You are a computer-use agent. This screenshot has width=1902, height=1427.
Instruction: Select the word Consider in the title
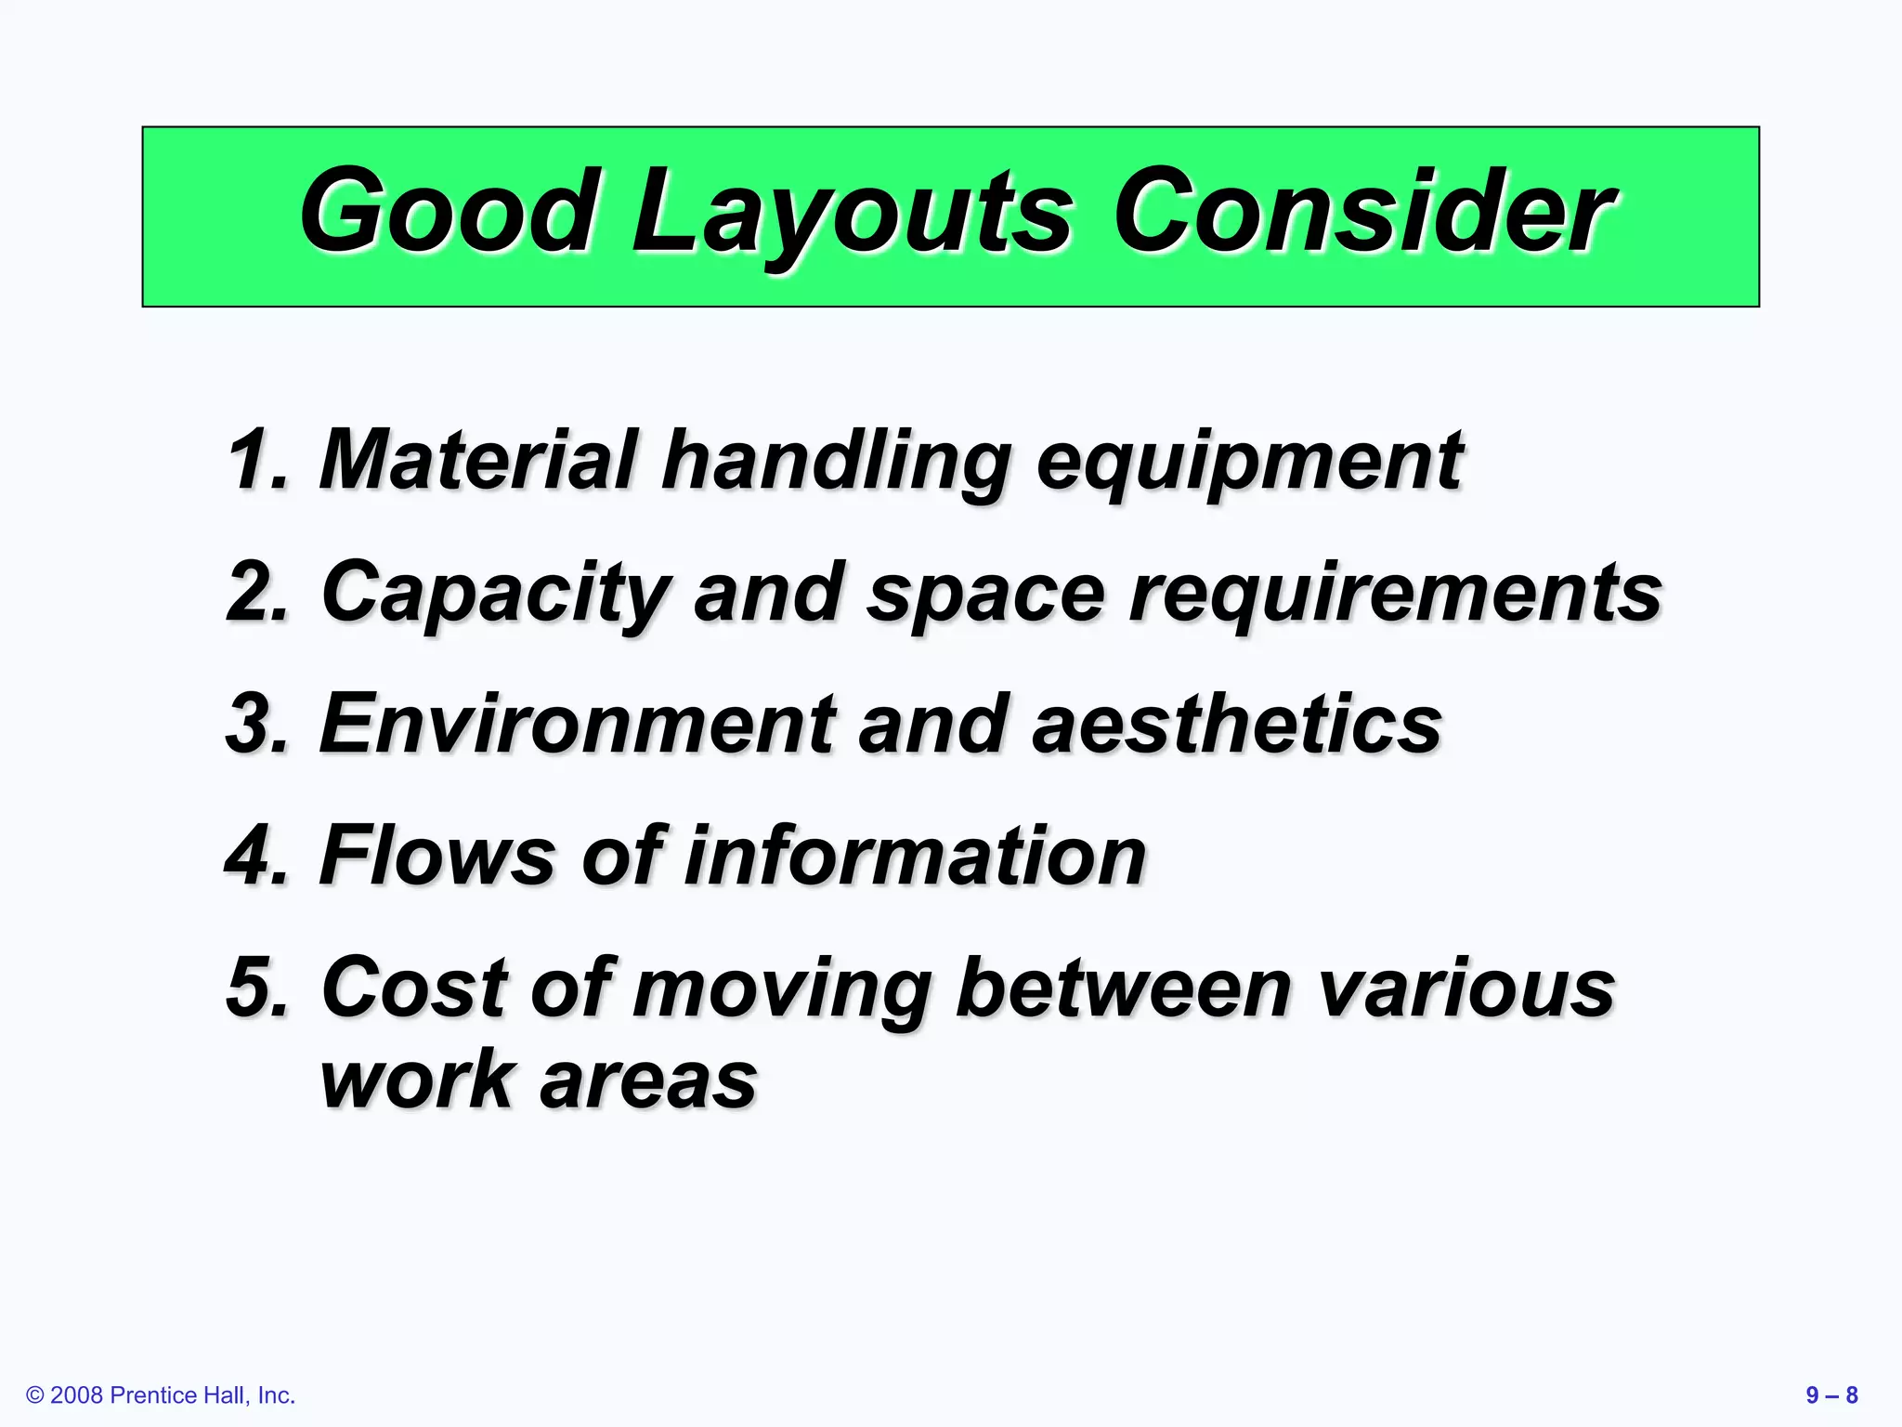point(1363,212)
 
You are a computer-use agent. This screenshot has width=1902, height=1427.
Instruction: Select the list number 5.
point(256,987)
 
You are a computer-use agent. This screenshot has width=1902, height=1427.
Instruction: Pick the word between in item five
point(1124,987)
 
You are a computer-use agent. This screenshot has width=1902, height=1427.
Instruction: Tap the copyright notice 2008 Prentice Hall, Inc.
point(161,1394)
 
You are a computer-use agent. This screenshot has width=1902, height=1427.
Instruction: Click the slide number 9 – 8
point(1831,1394)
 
